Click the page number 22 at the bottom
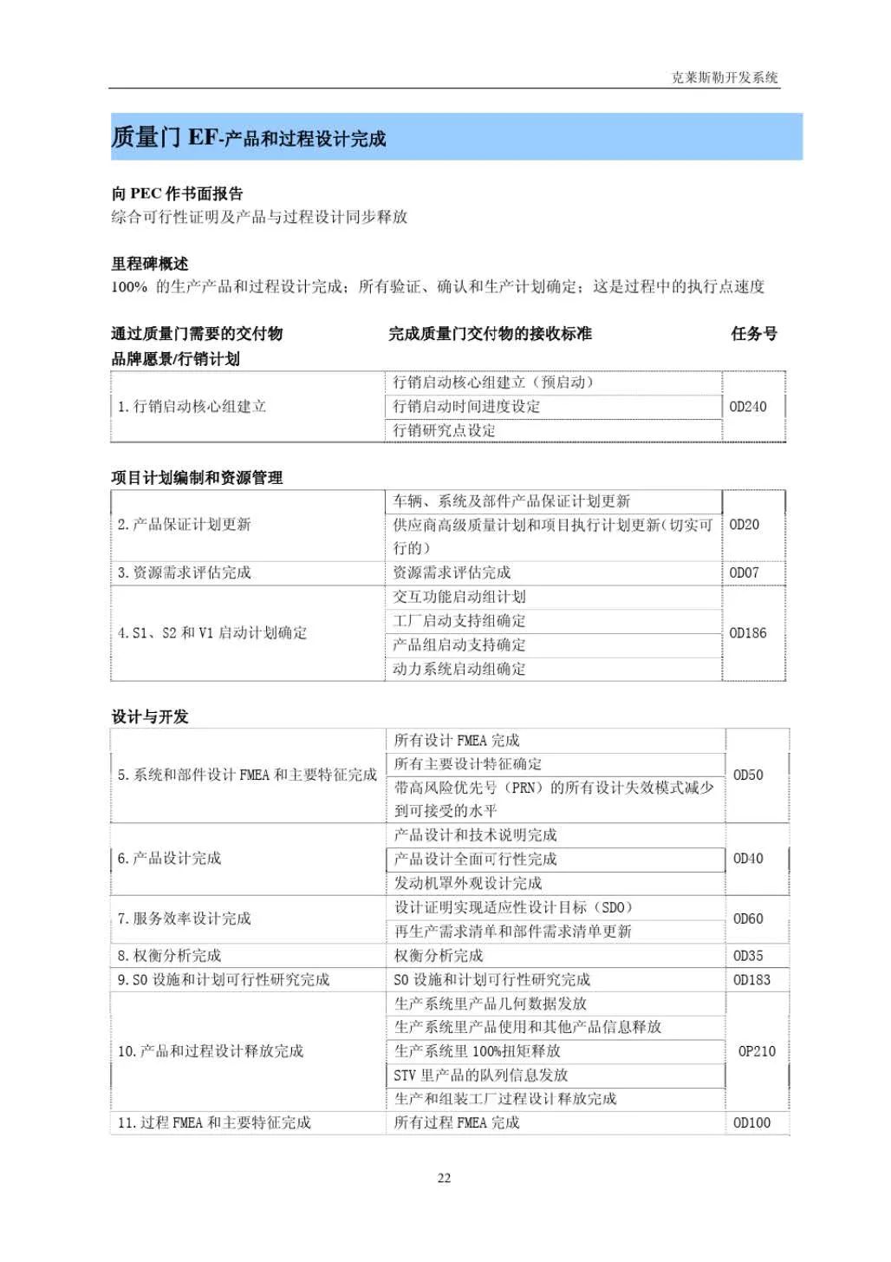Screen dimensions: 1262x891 coord(444,1178)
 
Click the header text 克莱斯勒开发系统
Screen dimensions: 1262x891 coord(725,77)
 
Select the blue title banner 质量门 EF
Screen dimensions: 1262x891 coord(456,137)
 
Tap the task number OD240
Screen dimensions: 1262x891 coord(747,406)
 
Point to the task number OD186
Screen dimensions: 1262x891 coord(747,633)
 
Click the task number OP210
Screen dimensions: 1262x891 coord(756,1051)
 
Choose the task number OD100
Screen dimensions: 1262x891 coord(751,1122)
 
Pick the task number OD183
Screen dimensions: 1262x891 coord(751,979)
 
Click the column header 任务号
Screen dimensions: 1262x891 coord(753,334)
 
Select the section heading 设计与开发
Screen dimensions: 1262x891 coord(150,716)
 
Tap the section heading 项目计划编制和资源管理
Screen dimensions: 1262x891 coord(197,477)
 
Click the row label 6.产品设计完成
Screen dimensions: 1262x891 coord(170,858)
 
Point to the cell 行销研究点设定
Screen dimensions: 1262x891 coord(444,430)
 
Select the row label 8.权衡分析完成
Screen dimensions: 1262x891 coord(170,955)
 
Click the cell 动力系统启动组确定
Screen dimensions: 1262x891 coord(459,669)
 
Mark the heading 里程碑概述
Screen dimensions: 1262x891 coord(149,264)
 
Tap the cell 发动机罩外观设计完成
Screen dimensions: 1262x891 coord(468,883)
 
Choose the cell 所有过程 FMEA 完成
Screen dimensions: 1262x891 coord(457,1122)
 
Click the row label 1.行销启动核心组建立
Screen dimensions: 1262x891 coord(192,406)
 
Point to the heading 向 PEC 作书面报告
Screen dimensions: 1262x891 coord(177,193)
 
